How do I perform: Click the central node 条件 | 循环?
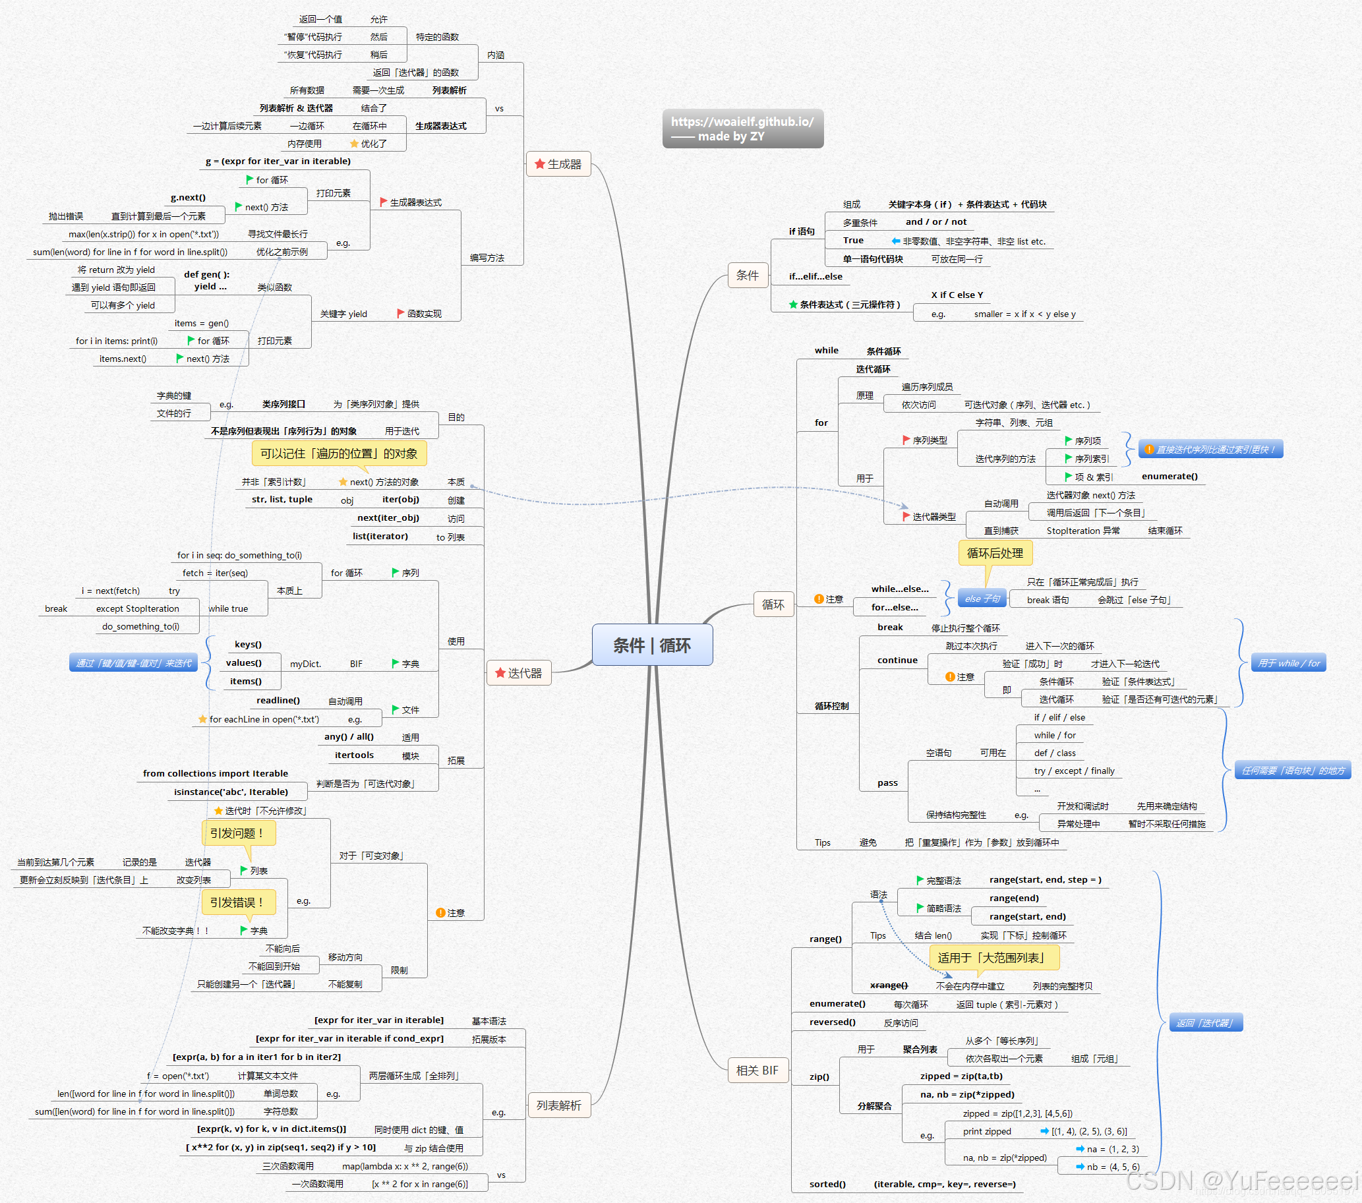[x=652, y=645]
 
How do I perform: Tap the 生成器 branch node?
[x=558, y=164]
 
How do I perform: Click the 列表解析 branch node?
[x=558, y=1105]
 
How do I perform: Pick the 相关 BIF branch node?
[x=757, y=1070]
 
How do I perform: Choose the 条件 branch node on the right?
[x=747, y=275]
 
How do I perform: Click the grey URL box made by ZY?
[x=742, y=129]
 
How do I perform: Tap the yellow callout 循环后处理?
[x=994, y=553]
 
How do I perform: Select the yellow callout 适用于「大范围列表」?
[x=993, y=958]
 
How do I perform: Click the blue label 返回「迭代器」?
[x=1205, y=1022]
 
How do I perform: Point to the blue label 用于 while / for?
[x=1288, y=662]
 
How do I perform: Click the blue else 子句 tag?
[x=982, y=599]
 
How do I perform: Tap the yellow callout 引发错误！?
[x=237, y=902]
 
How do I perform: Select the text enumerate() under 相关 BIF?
[x=837, y=1003]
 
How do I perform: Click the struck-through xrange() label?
[x=888, y=985]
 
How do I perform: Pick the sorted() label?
[x=827, y=1184]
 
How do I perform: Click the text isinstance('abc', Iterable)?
[x=231, y=791]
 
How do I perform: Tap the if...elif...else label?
[x=815, y=276]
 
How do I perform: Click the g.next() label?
[x=188, y=197]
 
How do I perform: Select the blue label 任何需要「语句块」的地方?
[x=1292, y=770]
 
